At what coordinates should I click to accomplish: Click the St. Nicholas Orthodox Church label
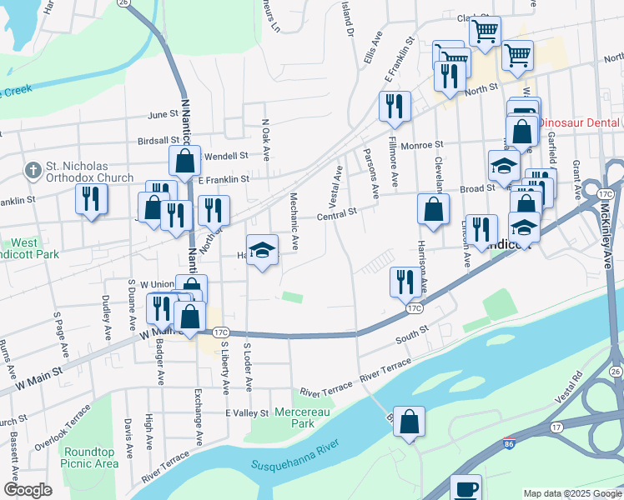[90, 172]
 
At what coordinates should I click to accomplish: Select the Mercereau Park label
[290, 417]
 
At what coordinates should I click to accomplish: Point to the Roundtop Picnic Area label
[90, 457]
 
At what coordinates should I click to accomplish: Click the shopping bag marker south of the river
[410, 421]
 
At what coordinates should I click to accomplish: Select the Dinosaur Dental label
[579, 122]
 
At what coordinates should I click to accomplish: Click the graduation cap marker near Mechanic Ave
[262, 250]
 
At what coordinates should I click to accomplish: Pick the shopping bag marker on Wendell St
[184, 159]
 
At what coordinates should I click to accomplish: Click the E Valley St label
[247, 412]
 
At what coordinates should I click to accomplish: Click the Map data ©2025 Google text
[572, 493]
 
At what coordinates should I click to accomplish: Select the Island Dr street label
[348, 18]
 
